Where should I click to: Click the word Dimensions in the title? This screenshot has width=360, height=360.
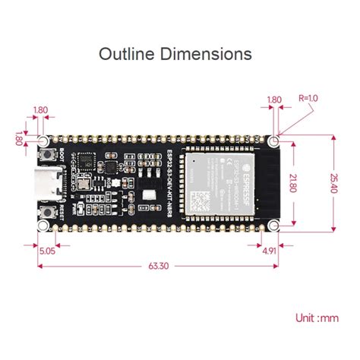click(x=207, y=54)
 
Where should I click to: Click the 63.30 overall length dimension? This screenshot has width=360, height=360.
click(x=159, y=266)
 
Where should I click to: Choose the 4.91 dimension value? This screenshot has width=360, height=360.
click(x=268, y=248)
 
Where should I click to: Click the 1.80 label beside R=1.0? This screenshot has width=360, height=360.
click(x=274, y=99)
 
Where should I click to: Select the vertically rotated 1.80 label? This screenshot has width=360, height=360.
click(x=18, y=140)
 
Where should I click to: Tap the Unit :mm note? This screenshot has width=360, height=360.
click(x=317, y=318)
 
